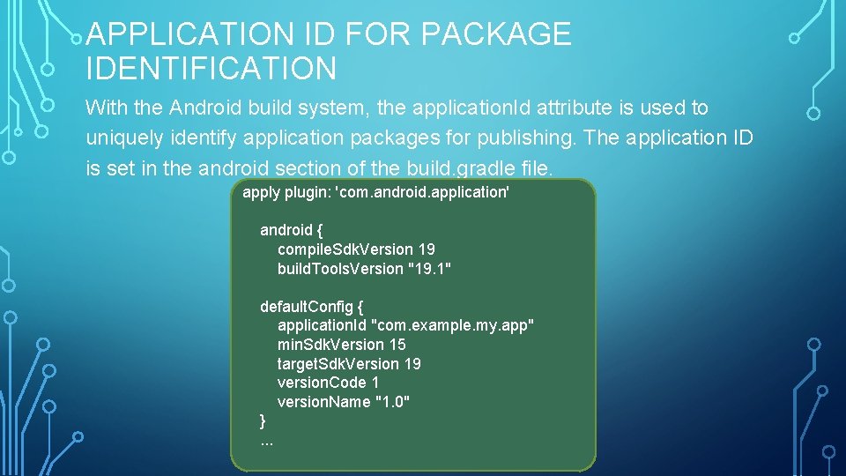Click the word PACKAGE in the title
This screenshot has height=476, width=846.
(496, 34)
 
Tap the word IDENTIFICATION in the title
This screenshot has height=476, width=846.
(211, 68)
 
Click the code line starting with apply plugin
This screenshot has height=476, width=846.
(376, 191)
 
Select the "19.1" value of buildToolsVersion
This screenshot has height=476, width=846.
(430, 269)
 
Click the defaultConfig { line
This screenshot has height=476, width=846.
(311, 307)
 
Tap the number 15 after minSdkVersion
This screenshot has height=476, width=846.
(397, 345)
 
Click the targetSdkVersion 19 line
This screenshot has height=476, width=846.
(349, 364)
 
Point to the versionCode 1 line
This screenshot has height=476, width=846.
(328, 383)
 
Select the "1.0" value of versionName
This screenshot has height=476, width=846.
(392, 402)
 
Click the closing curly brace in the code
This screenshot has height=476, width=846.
(263, 420)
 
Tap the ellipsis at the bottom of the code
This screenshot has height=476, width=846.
(266, 441)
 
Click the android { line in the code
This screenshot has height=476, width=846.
(291, 230)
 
